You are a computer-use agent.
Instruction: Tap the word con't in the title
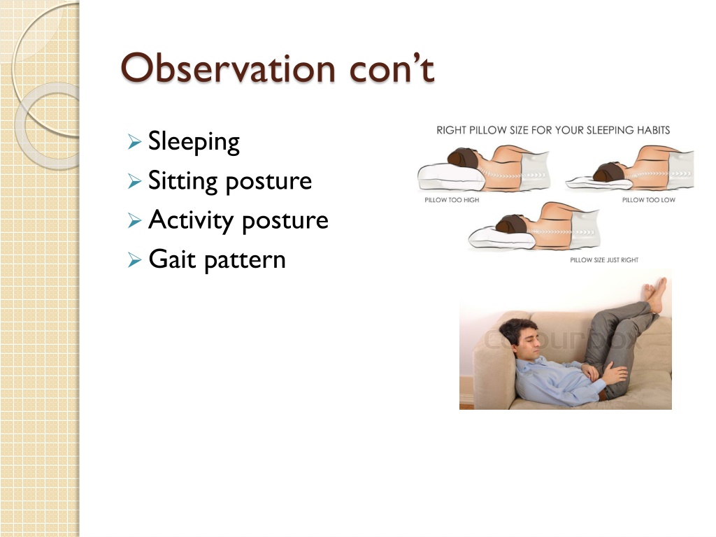click(x=392, y=69)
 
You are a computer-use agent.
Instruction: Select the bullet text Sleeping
click(x=194, y=142)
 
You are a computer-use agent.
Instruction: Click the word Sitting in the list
click(x=183, y=181)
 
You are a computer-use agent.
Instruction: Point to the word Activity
click(x=192, y=220)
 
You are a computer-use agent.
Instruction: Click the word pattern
click(x=245, y=261)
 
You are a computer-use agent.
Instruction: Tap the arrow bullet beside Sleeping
click(x=135, y=142)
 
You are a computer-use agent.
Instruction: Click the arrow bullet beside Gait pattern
click(x=135, y=260)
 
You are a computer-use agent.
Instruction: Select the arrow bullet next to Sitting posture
click(x=135, y=181)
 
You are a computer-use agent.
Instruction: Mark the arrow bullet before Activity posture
click(x=135, y=220)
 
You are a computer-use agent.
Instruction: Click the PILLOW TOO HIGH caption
click(x=452, y=200)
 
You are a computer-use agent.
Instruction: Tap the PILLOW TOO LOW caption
click(x=648, y=200)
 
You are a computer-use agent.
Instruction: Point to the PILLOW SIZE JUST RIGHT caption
click(x=604, y=260)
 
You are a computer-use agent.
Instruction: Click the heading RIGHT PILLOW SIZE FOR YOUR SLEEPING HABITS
click(x=553, y=130)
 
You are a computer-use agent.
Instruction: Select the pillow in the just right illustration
click(x=501, y=238)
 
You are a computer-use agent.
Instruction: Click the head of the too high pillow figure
click(x=463, y=157)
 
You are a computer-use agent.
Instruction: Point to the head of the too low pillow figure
click(x=609, y=172)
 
